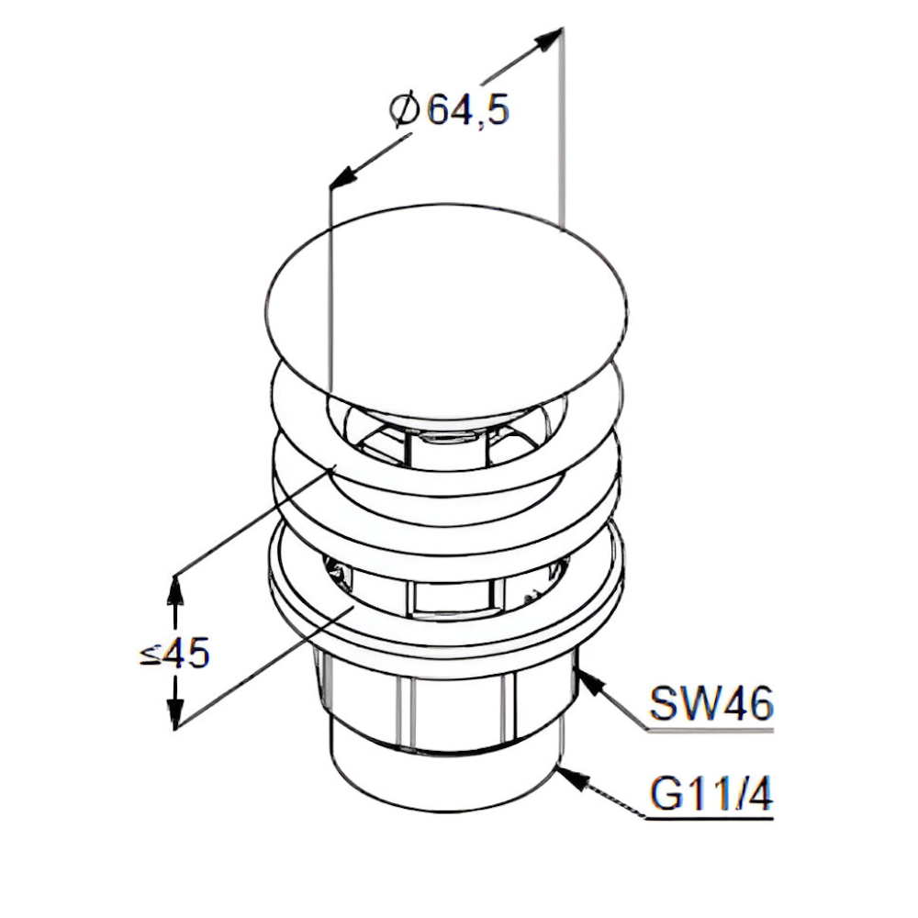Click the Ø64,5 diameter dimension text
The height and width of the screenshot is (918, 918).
tap(450, 109)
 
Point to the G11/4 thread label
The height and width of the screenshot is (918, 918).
tap(711, 793)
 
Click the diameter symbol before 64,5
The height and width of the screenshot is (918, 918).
tap(405, 109)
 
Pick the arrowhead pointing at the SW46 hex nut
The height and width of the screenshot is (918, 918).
tap(591, 682)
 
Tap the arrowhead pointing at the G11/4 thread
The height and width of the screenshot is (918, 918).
tap(574, 778)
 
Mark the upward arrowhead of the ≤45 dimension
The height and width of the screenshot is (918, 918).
tap(174, 591)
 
